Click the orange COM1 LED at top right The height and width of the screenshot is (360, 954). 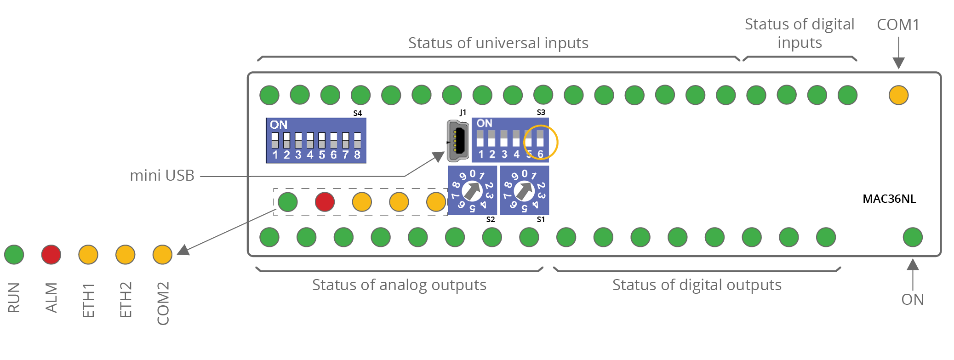pyautogui.click(x=898, y=95)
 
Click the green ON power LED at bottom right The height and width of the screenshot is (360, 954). pyautogui.click(x=913, y=237)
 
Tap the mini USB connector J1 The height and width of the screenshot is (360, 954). pyautogui.click(x=457, y=141)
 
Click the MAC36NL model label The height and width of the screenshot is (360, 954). pyautogui.click(x=889, y=199)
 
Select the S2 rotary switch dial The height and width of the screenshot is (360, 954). pyautogui.click(x=472, y=190)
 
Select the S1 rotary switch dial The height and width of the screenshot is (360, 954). pyautogui.click(x=524, y=190)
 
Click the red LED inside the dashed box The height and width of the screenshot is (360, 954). pyautogui.click(x=325, y=202)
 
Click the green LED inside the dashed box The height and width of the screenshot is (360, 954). pyautogui.click(x=288, y=202)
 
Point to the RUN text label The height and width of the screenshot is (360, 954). pyautogui.click(x=14, y=297)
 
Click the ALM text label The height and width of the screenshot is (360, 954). pyautogui.click(x=51, y=297)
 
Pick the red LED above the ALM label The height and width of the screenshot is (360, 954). pyautogui.click(x=51, y=255)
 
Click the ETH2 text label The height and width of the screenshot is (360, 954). pyautogui.click(x=126, y=300)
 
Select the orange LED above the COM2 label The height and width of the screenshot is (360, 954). pyautogui.click(x=162, y=255)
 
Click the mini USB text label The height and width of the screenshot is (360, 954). pyautogui.click(x=162, y=175)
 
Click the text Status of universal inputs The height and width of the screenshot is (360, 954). pyautogui.click(x=498, y=43)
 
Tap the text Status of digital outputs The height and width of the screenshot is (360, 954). pyautogui.click(x=697, y=285)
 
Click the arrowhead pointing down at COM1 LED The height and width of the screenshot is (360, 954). pyautogui.click(x=899, y=63)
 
